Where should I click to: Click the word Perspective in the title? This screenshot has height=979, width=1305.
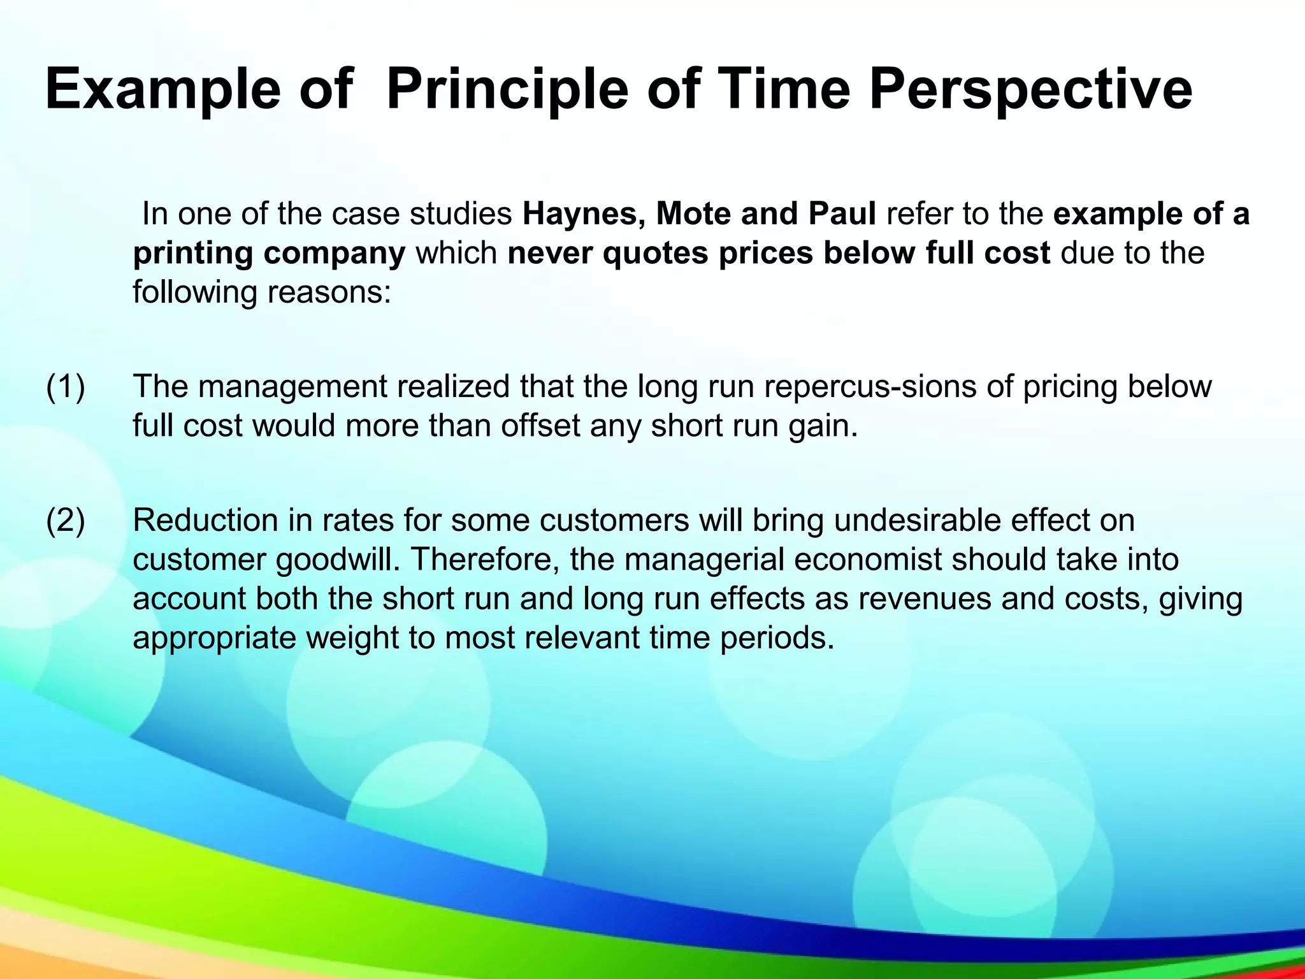coord(1030,89)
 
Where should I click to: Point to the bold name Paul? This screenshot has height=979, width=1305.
coord(842,214)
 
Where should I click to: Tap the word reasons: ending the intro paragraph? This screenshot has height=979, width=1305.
coord(329,293)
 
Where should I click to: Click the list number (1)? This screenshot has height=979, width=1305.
coord(65,387)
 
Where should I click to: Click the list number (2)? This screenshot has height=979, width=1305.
coord(65,521)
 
